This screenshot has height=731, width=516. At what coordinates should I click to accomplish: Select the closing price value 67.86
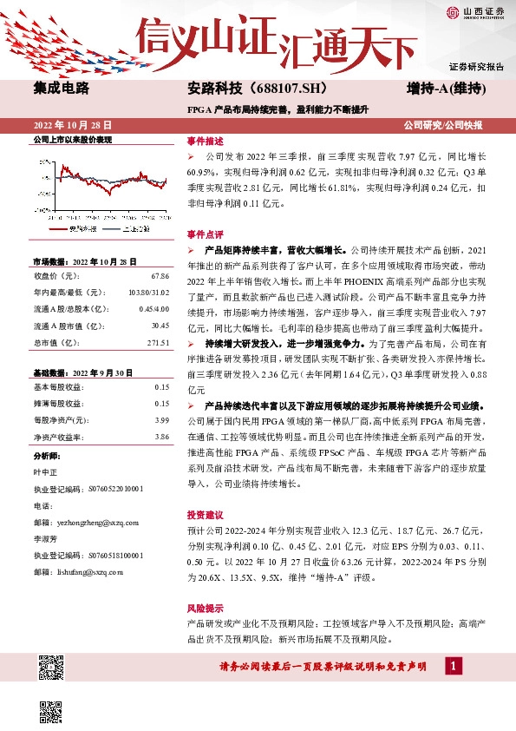[x=160, y=275]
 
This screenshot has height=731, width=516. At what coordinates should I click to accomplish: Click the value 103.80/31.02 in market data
[x=149, y=292]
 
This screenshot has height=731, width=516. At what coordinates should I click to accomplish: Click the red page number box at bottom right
[x=453, y=665]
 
